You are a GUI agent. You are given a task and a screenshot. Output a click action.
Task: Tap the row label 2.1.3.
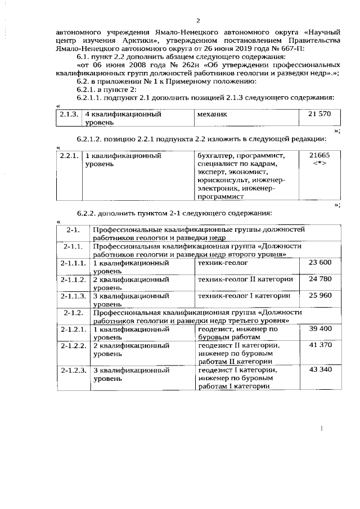coord(69,114)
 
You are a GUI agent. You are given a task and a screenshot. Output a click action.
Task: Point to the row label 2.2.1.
coord(69,155)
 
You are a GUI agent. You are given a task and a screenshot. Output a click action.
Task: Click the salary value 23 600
coord(320,263)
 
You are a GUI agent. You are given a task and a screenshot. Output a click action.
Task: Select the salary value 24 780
coord(320,279)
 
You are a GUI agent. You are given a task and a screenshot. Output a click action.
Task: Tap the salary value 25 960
coord(320,296)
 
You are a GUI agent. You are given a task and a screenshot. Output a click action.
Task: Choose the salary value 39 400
coord(320,328)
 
